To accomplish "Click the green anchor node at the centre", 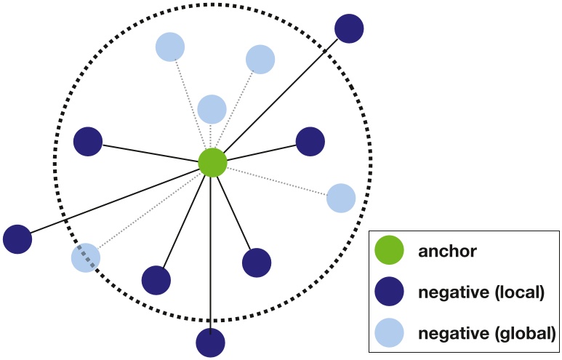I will (x=213, y=162).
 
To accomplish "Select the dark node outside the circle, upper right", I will (x=349, y=28).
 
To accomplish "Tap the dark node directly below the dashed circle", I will (x=211, y=342).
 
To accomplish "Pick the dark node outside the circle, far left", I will (x=17, y=239).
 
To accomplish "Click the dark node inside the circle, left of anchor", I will (x=88, y=141).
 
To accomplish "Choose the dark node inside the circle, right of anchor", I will (x=310, y=141).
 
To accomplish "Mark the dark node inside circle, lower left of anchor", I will (x=156, y=280).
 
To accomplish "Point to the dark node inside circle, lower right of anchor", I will (x=256, y=263).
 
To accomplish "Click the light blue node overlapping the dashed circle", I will (x=86, y=257).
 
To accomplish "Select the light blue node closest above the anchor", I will (x=212, y=109).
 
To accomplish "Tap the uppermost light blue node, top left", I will (x=170, y=47).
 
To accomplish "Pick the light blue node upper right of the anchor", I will (x=260, y=59).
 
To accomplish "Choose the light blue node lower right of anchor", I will (x=340, y=198).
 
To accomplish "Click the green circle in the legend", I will (x=389, y=252).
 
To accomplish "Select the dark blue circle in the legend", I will (x=389, y=293).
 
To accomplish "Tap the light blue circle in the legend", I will (x=389, y=334).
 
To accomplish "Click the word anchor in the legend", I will (x=447, y=252).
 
